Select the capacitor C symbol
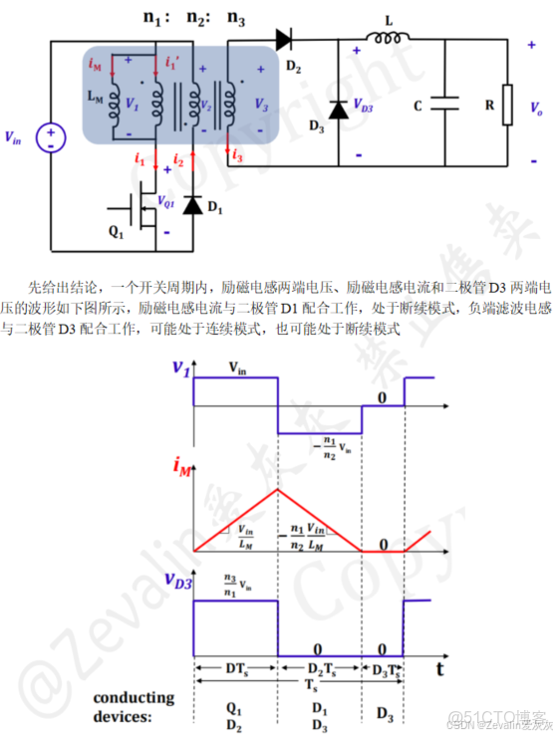[x=446, y=102]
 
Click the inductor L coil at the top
[x=385, y=40]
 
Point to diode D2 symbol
[x=282, y=40]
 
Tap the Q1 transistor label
[x=116, y=235]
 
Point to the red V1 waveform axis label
[x=180, y=367]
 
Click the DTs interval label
[x=235, y=667]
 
